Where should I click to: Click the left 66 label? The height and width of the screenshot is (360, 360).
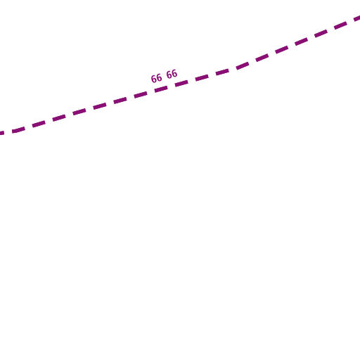156,78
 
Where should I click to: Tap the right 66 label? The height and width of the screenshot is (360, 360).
172,74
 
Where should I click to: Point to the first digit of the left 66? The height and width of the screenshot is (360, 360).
153,79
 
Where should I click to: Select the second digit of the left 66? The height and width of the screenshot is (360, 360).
159,77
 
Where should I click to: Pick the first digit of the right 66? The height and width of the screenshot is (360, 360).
169,75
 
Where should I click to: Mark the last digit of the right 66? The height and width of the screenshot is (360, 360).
174,73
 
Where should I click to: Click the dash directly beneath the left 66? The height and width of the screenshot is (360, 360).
161,89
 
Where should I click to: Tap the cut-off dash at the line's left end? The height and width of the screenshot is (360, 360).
2,133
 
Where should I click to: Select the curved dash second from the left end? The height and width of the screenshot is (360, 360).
18,129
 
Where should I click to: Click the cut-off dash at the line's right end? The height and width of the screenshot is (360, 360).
357,18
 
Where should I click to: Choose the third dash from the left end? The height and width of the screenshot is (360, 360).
39,124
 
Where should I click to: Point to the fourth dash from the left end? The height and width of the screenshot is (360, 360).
59,118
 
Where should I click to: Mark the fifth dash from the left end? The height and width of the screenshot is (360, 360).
79,112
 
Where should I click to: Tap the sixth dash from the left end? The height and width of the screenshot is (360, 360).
100,106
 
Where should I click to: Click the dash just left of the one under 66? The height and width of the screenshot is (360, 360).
141,95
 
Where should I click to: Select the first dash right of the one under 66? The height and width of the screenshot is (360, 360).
181,83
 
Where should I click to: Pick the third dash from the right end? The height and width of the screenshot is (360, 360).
321,33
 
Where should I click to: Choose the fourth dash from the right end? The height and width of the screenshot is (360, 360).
301,41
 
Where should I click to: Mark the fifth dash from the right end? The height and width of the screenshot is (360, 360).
281,50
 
